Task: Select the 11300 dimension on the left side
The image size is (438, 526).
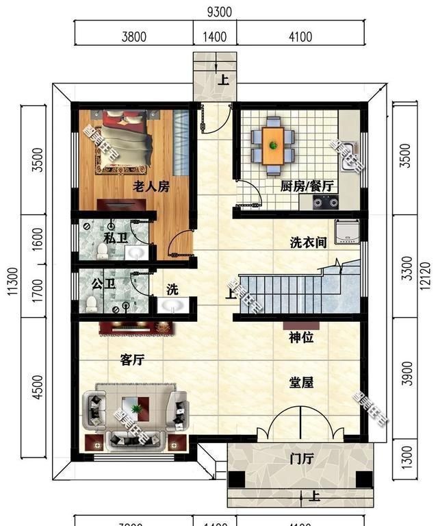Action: (12, 281)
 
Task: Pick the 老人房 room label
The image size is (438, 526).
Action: (151, 186)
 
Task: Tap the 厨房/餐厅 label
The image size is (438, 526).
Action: (306, 186)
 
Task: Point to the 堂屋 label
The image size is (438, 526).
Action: (301, 382)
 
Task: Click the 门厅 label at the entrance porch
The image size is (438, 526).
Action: (301, 459)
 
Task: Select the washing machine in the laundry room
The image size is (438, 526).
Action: (347, 231)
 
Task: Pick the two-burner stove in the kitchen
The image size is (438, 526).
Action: (326, 201)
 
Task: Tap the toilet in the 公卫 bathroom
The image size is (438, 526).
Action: (90, 302)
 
